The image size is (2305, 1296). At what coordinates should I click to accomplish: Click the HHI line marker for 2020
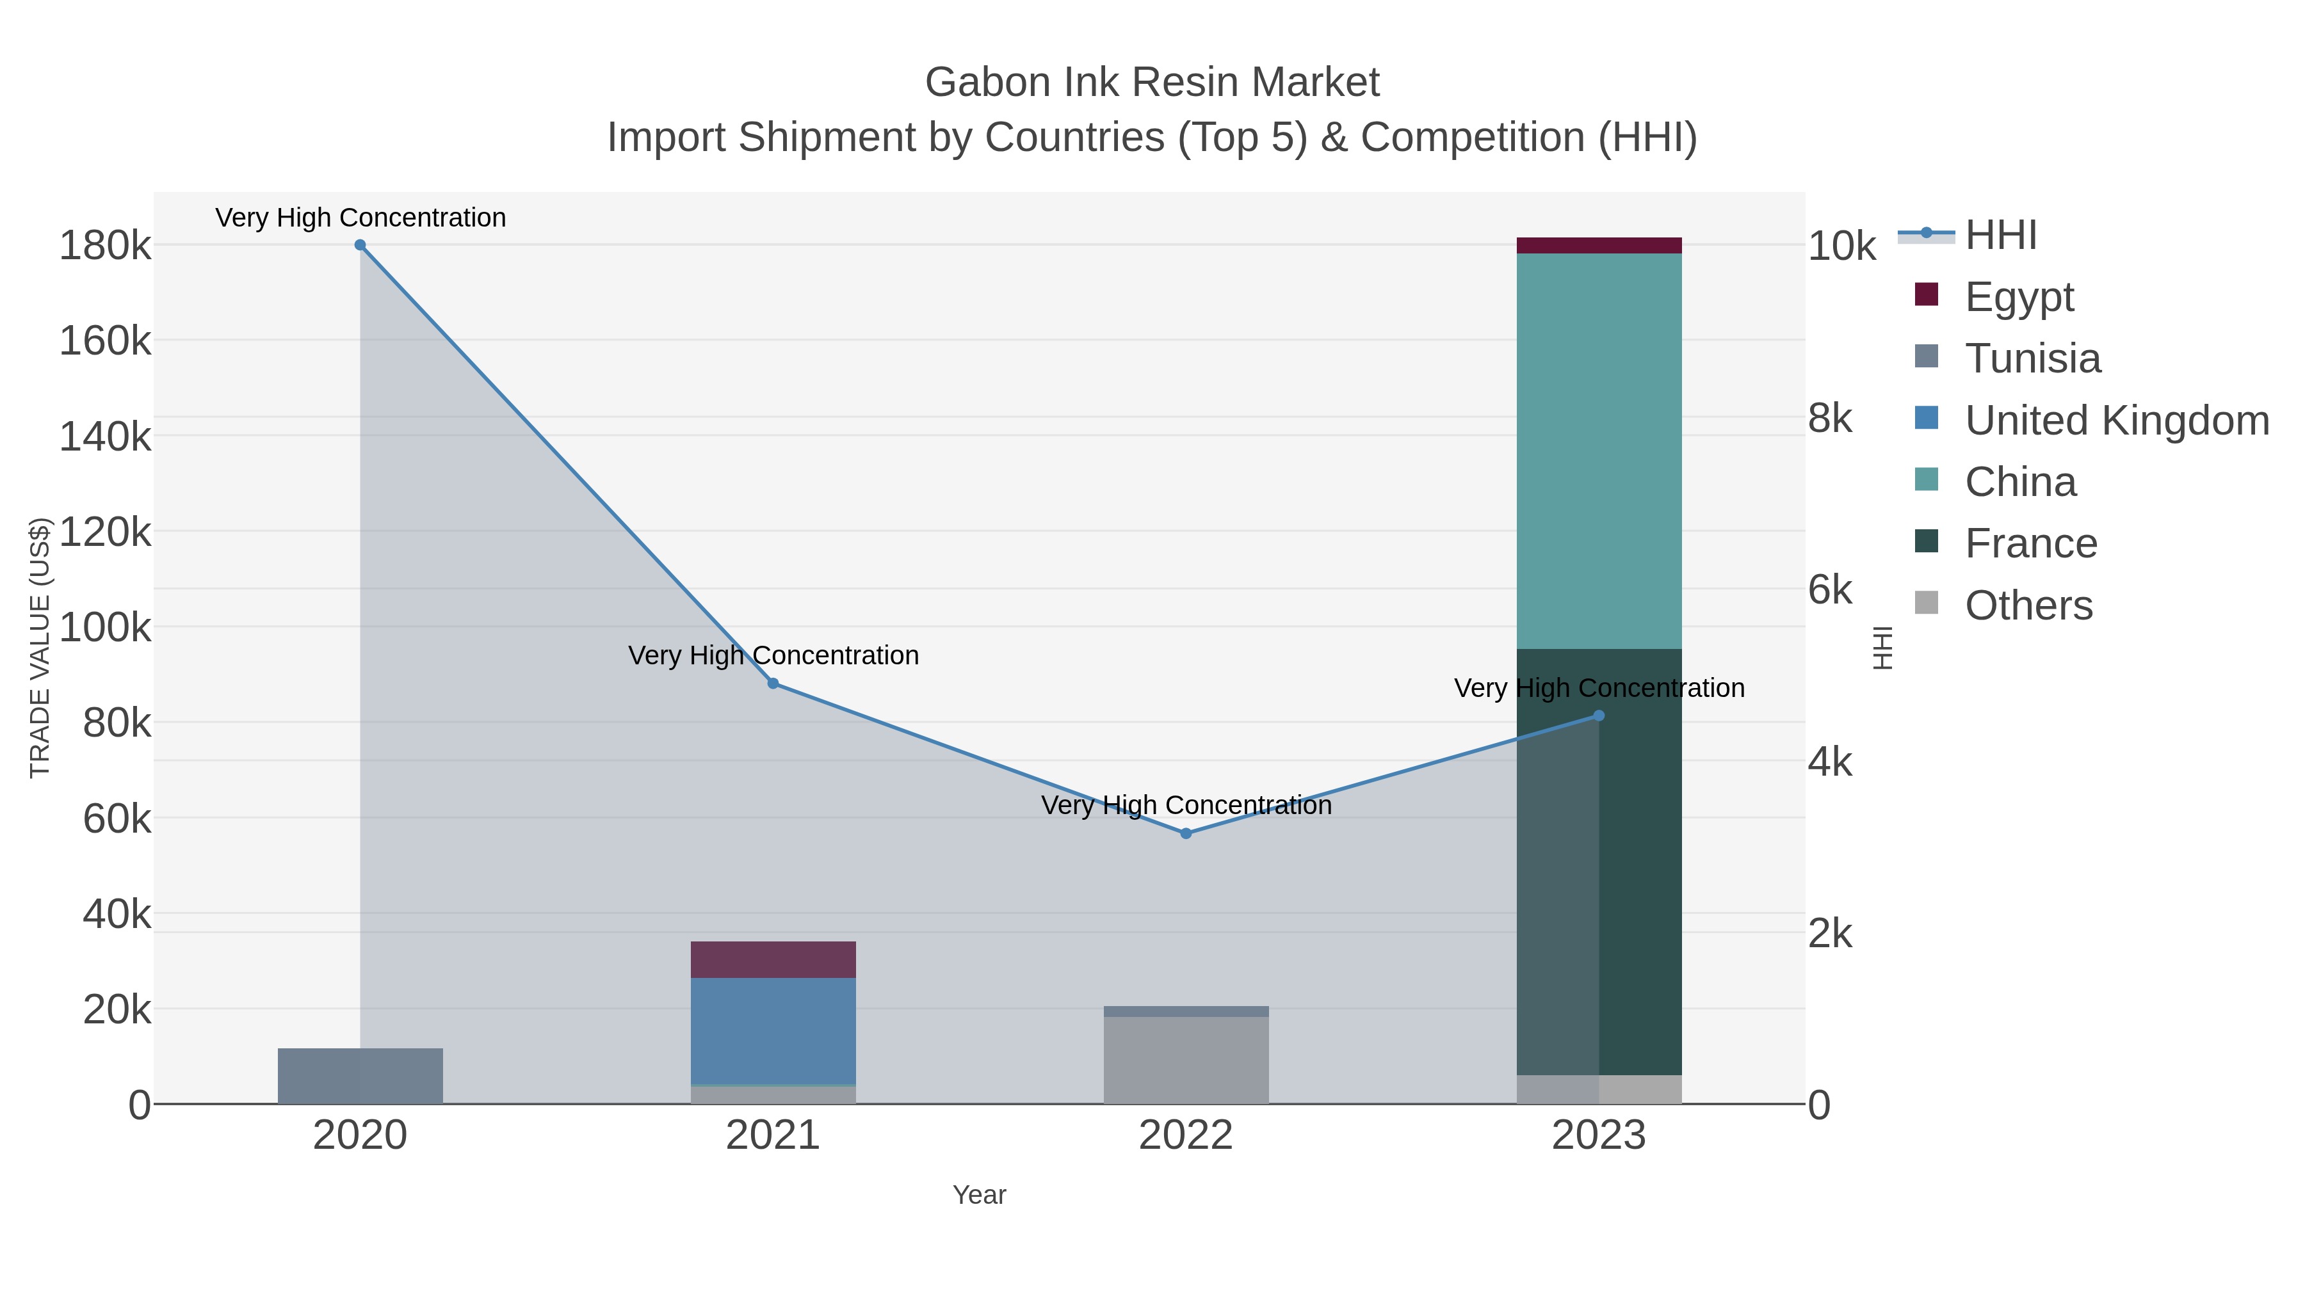click(360, 244)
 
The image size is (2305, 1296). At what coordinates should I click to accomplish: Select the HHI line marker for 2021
click(773, 684)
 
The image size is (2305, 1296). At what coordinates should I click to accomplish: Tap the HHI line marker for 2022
click(1186, 833)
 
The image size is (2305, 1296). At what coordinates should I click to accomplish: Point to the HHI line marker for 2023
click(1599, 716)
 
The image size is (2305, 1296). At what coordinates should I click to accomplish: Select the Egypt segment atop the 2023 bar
click(1599, 245)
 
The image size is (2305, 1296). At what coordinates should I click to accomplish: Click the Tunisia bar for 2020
click(360, 1075)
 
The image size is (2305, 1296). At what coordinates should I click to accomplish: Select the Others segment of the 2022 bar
click(1186, 1059)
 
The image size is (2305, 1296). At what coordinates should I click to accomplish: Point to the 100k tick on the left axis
click(106, 627)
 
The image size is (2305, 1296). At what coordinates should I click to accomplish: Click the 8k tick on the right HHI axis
click(1829, 418)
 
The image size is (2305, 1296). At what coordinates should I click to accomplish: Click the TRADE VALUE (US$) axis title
click(40, 648)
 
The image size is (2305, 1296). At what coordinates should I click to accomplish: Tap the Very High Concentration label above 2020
click(360, 218)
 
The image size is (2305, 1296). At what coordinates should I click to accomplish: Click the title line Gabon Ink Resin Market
click(1152, 83)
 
